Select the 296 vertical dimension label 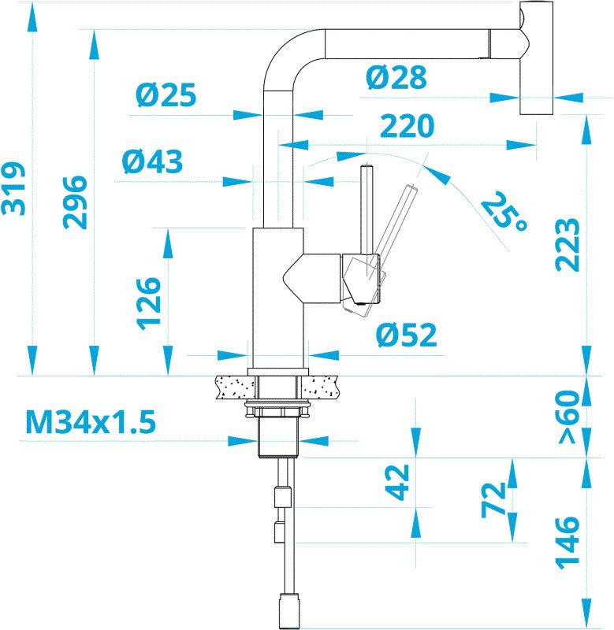(x=76, y=202)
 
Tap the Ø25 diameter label (x=165, y=96)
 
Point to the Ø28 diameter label (x=396, y=77)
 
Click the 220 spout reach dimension (x=407, y=126)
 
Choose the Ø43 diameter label (x=152, y=162)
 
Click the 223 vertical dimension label (x=567, y=244)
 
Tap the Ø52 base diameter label (x=405, y=336)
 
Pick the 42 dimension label (x=400, y=482)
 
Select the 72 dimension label (x=494, y=499)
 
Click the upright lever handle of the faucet (x=367, y=213)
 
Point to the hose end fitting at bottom (x=288, y=610)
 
